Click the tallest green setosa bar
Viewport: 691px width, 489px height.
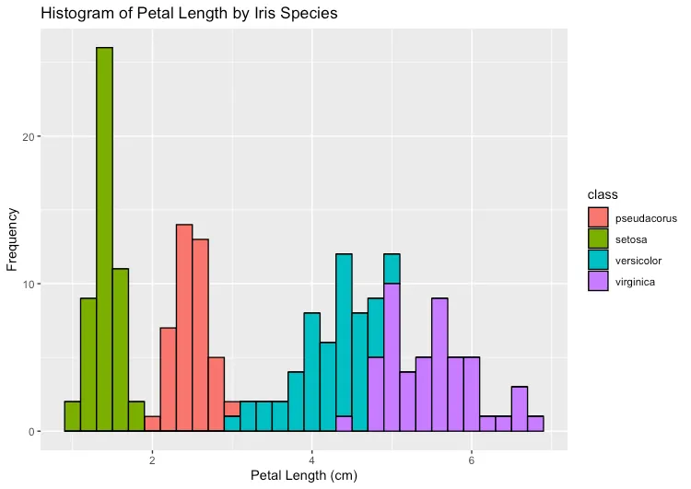pyautogui.click(x=104, y=239)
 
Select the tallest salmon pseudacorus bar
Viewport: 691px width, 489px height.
pyautogui.click(x=184, y=327)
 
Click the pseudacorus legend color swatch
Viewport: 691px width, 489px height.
pyautogui.click(x=599, y=218)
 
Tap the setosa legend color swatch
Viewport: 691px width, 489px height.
pyautogui.click(x=599, y=239)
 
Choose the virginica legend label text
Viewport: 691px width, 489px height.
pyautogui.click(x=635, y=282)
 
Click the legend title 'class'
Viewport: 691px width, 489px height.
pyautogui.click(x=603, y=195)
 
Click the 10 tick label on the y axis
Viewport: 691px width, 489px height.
pyautogui.click(x=29, y=284)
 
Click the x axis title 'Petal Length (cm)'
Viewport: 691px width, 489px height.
pyautogui.click(x=304, y=476)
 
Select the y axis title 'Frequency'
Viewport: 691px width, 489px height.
pyautogui.click(x=12, y=238)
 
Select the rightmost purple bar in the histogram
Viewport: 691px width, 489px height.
pyautogui.click(x=535, y=424)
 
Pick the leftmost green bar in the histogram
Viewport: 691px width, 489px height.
pyautogui.click(x=72, y=416)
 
